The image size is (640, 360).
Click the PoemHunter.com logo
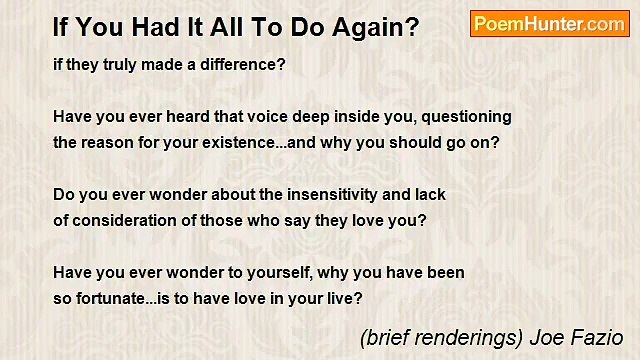coord(549,24)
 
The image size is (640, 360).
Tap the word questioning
coord(466,116)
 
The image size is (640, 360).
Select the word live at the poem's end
coord(341,298)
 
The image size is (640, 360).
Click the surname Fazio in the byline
coord(597,337)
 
